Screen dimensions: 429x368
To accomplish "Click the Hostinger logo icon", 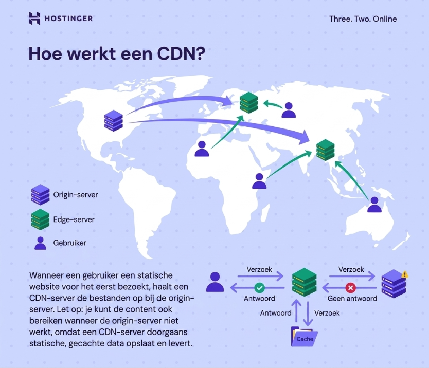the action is click(x=34, y=19).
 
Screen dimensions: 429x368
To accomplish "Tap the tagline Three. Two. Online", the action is click(x=363, y=19).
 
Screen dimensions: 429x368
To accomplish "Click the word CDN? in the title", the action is click(x=181, y=53).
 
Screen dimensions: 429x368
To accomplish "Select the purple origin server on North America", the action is click(x=114, y=121).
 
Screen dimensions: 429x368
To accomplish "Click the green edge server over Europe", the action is click(x=248, y=103).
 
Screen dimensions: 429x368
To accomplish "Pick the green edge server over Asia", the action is click(x=325, y=150).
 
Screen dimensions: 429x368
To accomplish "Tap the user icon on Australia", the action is click(x=374, y=205).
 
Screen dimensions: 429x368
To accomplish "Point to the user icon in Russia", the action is click(x=289, y=110).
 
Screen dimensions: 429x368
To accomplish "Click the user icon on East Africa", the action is click(x=259, y=181).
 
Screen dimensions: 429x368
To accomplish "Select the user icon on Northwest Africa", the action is click(x=202, y=149).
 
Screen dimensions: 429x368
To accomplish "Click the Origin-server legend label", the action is click(x=76, y=195).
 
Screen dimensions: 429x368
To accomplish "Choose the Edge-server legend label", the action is click(x=74, y=219).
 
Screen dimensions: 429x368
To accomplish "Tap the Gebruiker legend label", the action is click(x=70, y=243).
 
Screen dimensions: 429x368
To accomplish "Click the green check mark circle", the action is click(x=259, y=288).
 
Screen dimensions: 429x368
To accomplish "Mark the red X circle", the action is click(x=350, y=288).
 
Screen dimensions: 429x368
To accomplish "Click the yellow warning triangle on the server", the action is click(x=405, y=274).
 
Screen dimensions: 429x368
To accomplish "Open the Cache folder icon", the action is click(x=304, y=337).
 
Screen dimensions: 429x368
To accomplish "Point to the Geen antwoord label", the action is click(x=352, y=298).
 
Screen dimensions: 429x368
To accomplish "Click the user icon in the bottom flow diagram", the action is click(x=215, y=282).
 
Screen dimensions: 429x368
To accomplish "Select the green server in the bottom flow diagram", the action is click(x=304, y=282).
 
